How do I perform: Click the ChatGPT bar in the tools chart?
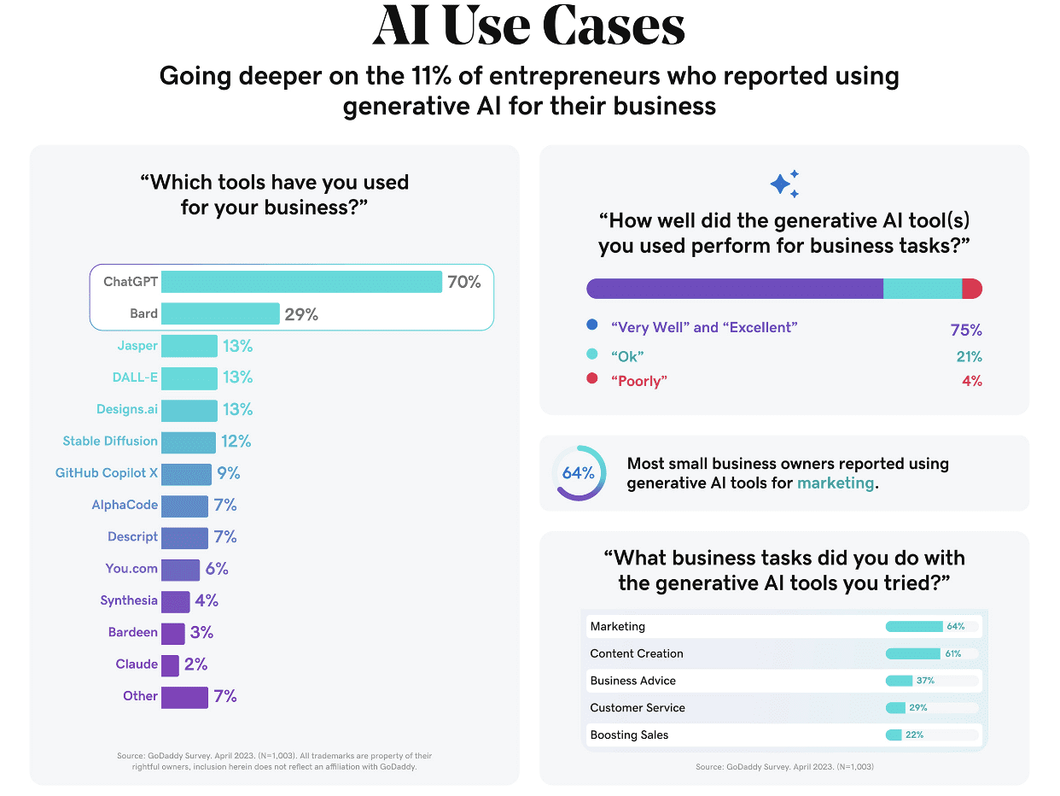pyautogui.click(x=301, y=282)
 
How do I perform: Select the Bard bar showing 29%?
pyautogui.click(x=220, y=313)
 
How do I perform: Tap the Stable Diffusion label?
pyautogui.click(x=110, y=442)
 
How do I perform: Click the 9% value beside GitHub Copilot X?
pyautogui.click(x=228, y=473)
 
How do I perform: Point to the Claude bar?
pyautogui.click(x=170, y=664)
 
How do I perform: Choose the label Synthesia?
pyautogui.click(x=129, y=600)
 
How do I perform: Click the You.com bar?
pyautogui.click(x=180, y=569)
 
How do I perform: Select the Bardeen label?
pyautogui.click(x=133, y=632)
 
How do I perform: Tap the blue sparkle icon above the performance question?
pyautogui.click(x=783, y=184)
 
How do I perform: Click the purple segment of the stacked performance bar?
pyautogui.click(x=734, y=289)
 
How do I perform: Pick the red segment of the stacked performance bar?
pyautogui.click(x=972, y=289)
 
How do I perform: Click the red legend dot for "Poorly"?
pyautogui.click(x=592, y=379)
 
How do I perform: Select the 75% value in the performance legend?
pyautogui.click(x=966, y=330)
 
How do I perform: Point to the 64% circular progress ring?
pyautogui.click(x=579, y=472)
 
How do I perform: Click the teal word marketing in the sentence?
pyautogui.click(x=836, y=483)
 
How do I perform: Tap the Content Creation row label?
pyautogui.click(x=637, y=653)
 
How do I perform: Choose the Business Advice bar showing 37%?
pyautogui.click(x=899, y=681)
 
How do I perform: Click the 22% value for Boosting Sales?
pyautogui.click(x=914, y=735)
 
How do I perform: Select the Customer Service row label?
pyautogui.click(x=638, y=708)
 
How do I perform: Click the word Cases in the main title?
pyautogui.click(x=614, y=27)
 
